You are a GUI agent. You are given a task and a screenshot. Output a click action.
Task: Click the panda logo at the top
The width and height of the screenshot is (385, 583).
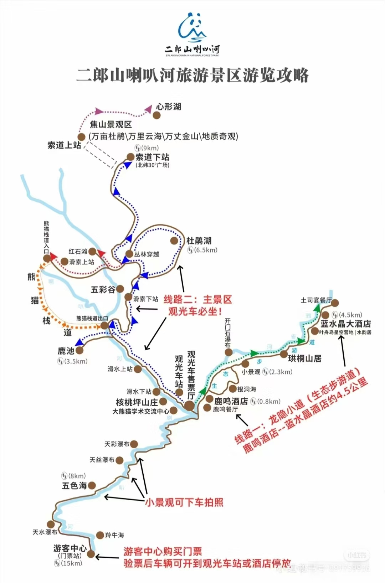coord(192,27)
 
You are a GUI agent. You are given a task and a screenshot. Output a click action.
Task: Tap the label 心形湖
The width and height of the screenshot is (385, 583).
coord(169,107)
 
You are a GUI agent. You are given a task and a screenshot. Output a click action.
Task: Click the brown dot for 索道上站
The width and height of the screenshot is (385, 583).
coord(82,137)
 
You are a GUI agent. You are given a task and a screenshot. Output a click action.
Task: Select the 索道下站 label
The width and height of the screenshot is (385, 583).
coord(152,157)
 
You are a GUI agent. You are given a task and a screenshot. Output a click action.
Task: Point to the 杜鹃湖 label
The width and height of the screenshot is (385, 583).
coord(199,241)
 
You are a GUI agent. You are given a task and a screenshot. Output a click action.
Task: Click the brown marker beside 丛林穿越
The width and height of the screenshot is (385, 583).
coord(129,254)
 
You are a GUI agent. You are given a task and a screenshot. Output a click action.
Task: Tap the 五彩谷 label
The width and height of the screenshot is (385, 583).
coord(103,289)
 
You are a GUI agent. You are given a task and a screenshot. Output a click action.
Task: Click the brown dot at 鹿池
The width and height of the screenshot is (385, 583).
coord(79,350)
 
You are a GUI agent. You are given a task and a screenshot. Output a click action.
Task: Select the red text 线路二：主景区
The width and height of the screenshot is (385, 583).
coord(197,299)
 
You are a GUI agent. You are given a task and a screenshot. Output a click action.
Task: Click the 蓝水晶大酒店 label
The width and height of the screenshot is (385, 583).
coord(345,324)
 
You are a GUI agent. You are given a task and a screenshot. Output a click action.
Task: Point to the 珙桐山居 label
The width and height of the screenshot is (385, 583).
coord(304,358)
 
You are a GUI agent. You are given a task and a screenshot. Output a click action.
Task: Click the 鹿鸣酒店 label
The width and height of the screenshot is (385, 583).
coord(231,401)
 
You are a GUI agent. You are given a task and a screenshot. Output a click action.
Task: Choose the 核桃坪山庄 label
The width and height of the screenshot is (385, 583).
coord(137,402)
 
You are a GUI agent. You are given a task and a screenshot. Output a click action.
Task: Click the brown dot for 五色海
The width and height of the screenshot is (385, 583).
coord(92,485)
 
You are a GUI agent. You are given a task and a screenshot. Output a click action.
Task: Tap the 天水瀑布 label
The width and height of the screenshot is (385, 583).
coord(45,532)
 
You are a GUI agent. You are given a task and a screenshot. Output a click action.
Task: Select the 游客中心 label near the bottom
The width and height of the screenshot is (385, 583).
coord(70,548)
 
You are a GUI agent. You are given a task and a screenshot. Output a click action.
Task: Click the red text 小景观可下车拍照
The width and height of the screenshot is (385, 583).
coord(184,502)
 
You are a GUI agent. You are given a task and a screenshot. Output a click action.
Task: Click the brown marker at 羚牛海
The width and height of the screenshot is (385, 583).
coord(100,535)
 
